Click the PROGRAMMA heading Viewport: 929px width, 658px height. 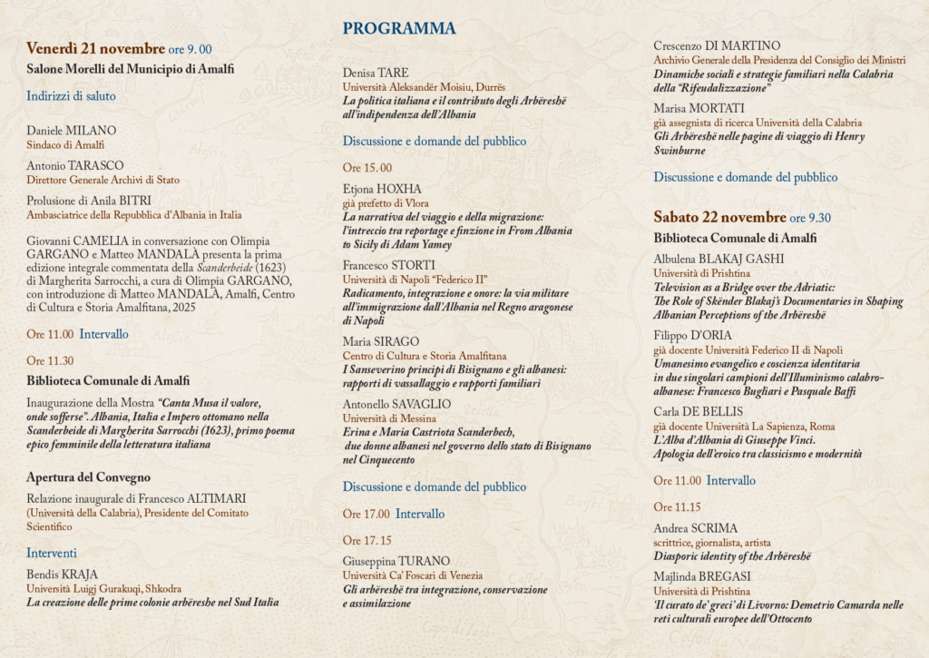tap(399, 28)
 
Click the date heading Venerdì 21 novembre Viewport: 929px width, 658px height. tap(95, 48)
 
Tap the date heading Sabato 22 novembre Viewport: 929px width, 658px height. tap(719, 217)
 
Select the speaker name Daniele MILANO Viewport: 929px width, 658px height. tap(71, 130)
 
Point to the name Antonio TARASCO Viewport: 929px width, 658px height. tap(75, 165)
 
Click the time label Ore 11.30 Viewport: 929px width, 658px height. tap(50, 360)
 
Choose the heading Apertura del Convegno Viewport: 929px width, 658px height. tap(88, 476)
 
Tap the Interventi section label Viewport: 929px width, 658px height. tap(52, 552)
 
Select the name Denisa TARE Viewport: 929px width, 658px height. tap(376, 72)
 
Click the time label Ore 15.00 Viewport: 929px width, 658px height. tap(367, 167)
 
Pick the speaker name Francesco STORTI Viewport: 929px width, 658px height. tap(388, 265)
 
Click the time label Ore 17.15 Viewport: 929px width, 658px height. tap(367, 540)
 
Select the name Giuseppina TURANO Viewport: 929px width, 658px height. tap(396, 561)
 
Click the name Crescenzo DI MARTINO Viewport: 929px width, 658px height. tap(717, 45)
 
